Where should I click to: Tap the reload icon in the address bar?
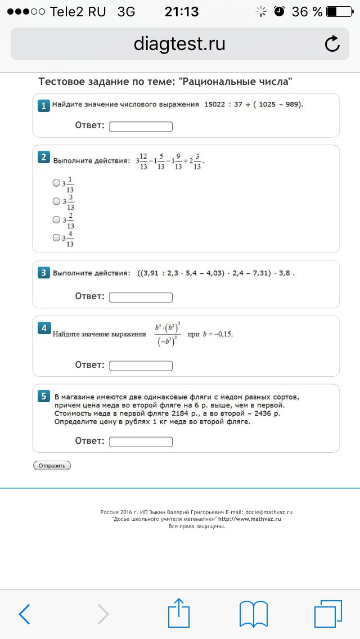click(332, 44)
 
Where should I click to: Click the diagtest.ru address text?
click(179, 44)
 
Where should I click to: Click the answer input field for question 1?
click(141, 127)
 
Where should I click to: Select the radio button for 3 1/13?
click(56, 183)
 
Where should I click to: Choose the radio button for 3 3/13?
click(56, 201)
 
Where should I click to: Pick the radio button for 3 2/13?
click(56, 219)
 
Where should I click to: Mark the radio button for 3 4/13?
click(56, 237)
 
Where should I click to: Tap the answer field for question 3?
click(141, 297)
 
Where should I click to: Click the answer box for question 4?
click(141, 366)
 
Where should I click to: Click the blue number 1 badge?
click(43, 105)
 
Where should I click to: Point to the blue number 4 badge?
click(43, 328)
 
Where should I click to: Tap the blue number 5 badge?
click(43, 397)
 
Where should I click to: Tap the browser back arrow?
click(24, 614)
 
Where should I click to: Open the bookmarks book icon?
click(253, 614)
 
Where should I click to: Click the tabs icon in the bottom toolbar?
click(328, 614)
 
